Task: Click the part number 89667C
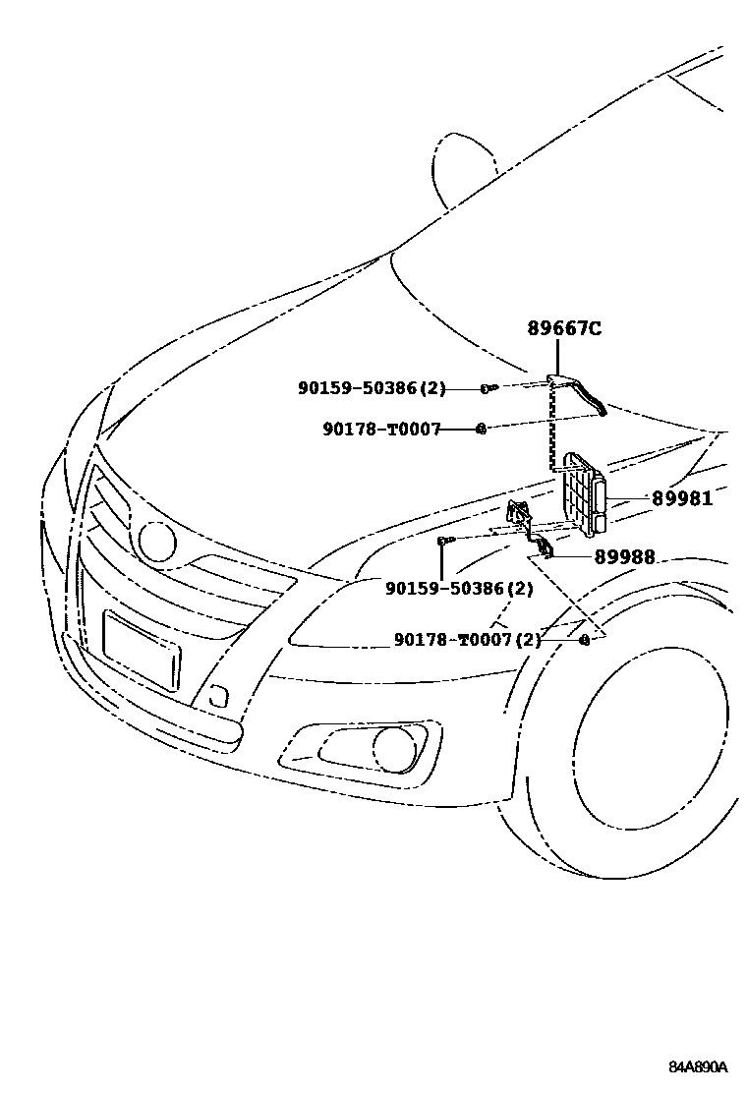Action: [x=564, y=329]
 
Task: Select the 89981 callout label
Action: [x=681, y=498]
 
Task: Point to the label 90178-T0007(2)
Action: [x=468, y=640]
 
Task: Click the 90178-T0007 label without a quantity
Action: [x=381, y=429]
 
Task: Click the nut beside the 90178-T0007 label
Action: [x=482, y=429]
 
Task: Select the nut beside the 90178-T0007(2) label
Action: [x=584, y=640]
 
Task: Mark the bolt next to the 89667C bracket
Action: [x=488, y=389]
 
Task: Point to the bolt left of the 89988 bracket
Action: [x=444, y=540]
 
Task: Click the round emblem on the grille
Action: [x=157, y=540]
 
